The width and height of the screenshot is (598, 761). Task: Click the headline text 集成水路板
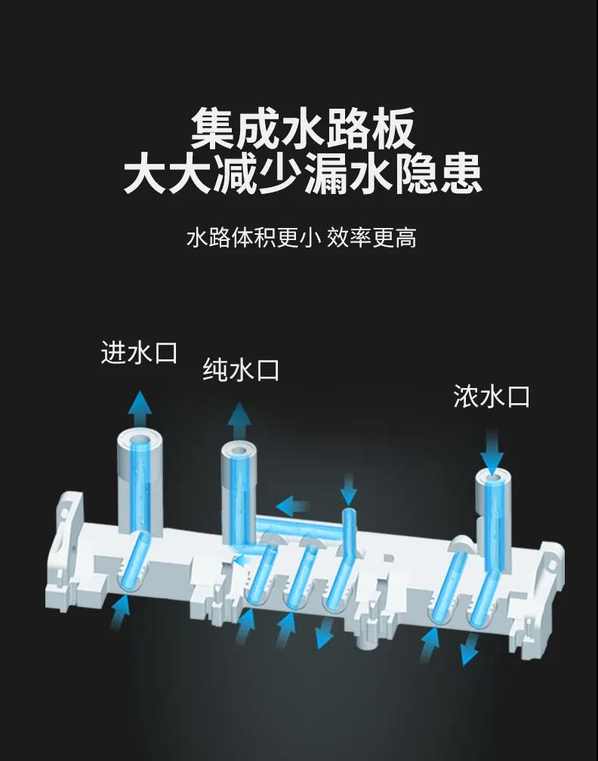click(303, 128)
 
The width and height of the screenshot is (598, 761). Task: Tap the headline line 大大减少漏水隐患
click(303, 174)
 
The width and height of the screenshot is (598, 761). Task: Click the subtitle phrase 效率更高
click(371, 238)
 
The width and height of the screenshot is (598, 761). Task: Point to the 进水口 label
click(139, 353)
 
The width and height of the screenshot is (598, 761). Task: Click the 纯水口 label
click(241, 370)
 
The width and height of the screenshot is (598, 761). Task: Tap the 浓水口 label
click(492, 396)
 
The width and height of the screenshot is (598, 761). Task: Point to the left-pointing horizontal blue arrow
click(292, 506)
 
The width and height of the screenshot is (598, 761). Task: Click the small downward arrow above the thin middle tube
click(349, 491)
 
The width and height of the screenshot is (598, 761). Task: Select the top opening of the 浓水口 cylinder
click(492, 479)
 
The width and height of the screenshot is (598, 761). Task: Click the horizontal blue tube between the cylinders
click(300, 528)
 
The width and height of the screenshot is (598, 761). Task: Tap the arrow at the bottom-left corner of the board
click(120, 612)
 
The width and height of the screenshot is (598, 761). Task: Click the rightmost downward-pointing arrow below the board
click(470, 649)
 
